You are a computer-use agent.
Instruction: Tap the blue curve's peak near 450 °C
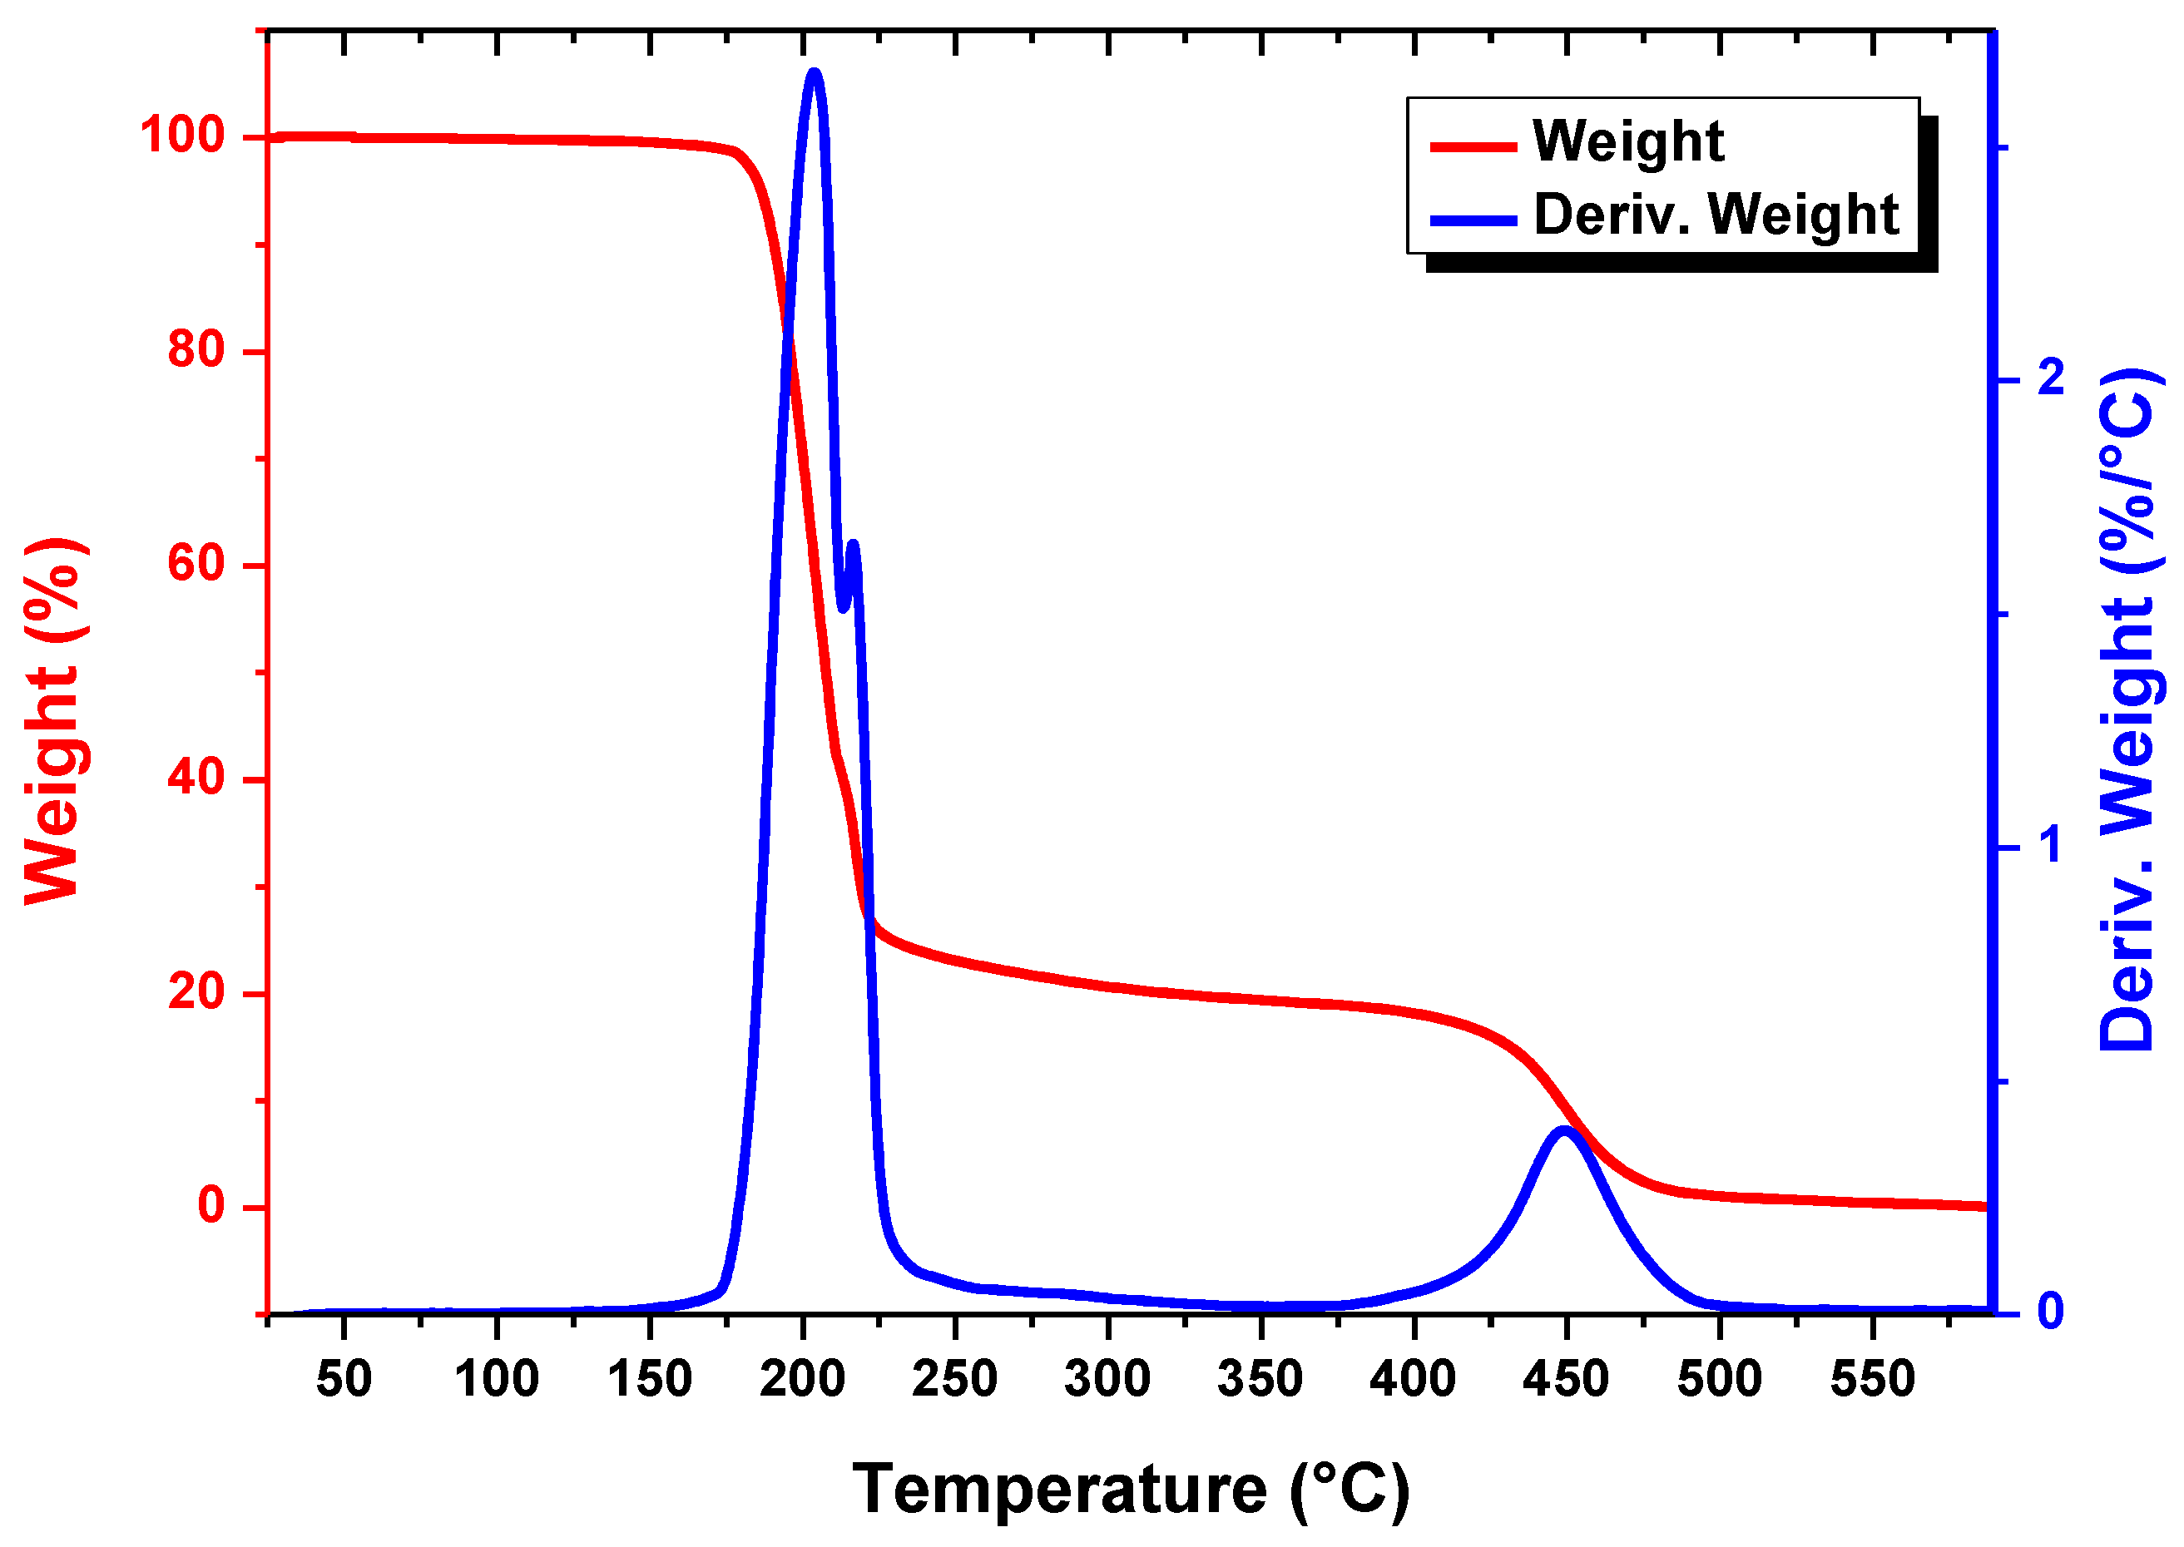click(1563, 1133)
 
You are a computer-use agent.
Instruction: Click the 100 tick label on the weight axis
click(182, 136)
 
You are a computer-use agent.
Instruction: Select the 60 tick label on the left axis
click(196, 563)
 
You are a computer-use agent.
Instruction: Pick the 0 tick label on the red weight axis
click(211, 1205)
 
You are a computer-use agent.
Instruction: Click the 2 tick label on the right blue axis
click(2051, 379)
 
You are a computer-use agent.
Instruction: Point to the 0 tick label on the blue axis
click(2051, 1312)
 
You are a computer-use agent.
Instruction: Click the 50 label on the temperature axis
click(343, 1379)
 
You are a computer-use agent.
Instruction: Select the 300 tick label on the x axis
click(1107, 1379)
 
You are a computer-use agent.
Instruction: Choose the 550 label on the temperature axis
click(1872, 1379)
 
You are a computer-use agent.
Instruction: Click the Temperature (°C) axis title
click(1130, 1489)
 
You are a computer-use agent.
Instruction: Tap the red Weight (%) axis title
click(52, 721)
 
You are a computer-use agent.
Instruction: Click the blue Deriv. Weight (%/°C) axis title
click(2127, 709)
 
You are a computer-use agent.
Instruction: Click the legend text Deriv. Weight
click(1716, 215)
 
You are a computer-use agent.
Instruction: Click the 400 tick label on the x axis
click(1412, 1379)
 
